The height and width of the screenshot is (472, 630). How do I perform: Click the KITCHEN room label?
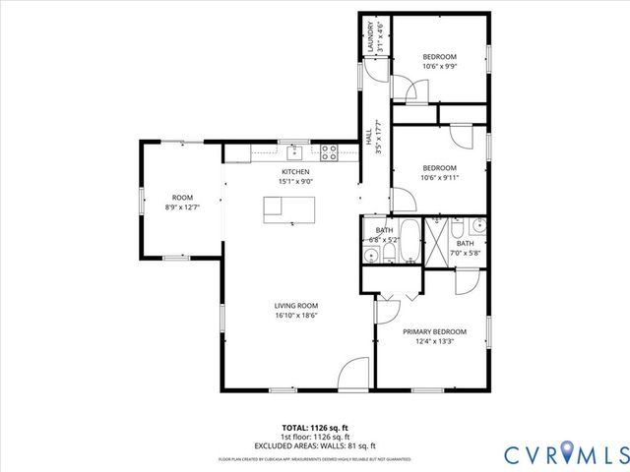point(295,171)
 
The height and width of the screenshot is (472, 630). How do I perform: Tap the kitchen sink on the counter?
point(293,152)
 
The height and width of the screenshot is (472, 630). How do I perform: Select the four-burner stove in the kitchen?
point(330,152)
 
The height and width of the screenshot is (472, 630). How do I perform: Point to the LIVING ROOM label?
point(295,306)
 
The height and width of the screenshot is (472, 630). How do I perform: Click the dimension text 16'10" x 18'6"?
point(295,317)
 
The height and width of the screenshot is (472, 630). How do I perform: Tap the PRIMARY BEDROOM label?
point(434,331)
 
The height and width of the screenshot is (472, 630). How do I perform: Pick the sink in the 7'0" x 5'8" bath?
point(476,227)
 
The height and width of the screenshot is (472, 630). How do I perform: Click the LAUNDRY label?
point(372,38)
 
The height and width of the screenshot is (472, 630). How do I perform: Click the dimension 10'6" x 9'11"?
point(439,178)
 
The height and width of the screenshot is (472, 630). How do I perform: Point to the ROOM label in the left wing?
point(182,197)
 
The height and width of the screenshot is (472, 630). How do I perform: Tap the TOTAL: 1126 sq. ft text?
point(315,429)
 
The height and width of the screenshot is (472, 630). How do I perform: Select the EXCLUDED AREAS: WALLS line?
point(315,444)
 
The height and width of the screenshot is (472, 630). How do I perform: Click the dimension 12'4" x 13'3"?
point(434,343)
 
